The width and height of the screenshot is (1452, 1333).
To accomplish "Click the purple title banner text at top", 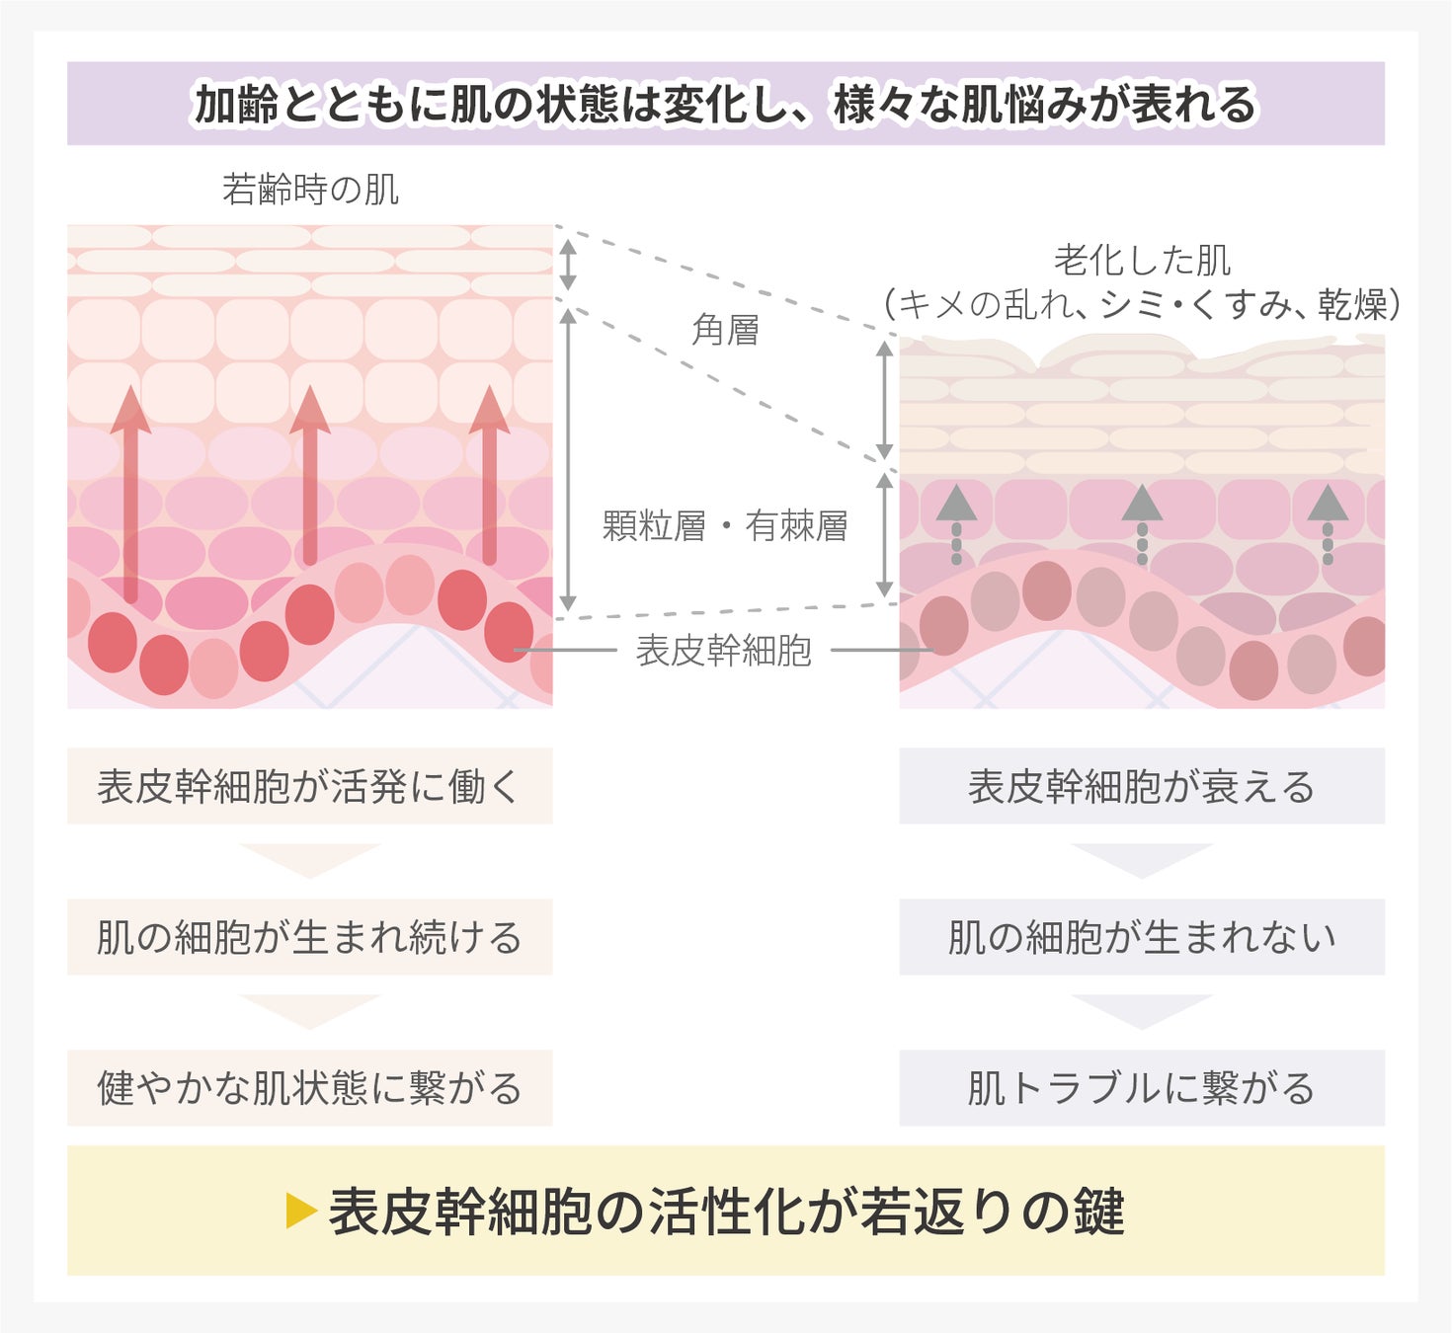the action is pyautogui.click(x=724, y=105).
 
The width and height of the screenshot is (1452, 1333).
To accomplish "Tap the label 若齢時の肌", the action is pyautogui.click(x=310, y=189).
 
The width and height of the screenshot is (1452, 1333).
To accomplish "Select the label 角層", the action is pyautogui.click(x=725, y=330).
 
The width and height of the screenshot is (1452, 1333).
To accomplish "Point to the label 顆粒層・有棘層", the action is pyautogui.click(x=725, y=526).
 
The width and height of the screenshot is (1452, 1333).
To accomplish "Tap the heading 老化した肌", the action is pyautogui.click(x=1142, y=261).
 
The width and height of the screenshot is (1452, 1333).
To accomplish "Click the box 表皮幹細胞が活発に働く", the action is pyautogui.click(x=309, y=787).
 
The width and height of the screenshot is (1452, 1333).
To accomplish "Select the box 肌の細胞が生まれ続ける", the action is pyautogui.click(x=309, y=937).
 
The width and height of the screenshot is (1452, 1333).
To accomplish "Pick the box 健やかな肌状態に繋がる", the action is pyautogui.click(x=309, y=1088).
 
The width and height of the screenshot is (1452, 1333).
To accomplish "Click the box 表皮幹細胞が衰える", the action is pyautogui.click(x=1141, y=787).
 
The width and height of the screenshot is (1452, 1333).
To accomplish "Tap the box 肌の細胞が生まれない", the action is pyautogui.click(x=1141, y=937).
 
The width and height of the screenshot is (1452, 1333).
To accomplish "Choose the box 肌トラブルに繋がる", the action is pyautogui.click(x=1141, y=1088).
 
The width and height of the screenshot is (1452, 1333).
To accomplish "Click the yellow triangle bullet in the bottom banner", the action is pyautogui.click(x=299, y=1211).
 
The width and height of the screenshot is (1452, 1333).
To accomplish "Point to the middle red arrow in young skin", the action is pyautogui.click(x=310, y=474).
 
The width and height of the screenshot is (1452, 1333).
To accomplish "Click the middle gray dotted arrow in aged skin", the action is pyautogui.click(x=1142, y=523).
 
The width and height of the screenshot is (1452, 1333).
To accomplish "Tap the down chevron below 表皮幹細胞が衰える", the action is pyautogui.click(x=1141, y=859).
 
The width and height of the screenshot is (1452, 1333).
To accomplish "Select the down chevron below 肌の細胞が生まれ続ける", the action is pyautogui.click(x=309, y=1010).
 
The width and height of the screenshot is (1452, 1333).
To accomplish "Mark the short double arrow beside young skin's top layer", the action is pyautogui.click(x=568, y=264).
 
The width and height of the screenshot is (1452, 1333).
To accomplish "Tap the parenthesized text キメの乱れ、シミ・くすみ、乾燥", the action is pyautogui.click(x=1142, y=305).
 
